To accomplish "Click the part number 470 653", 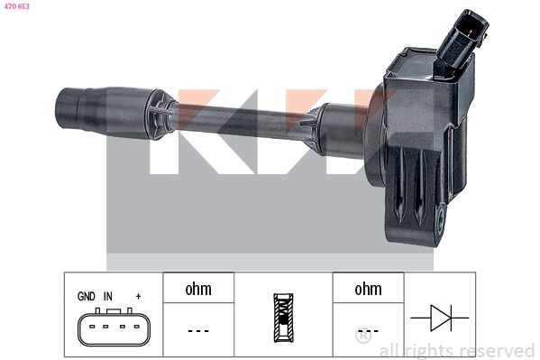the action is click(16, 6).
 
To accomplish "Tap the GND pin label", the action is click(87, 296).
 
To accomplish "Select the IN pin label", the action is click(108, 296).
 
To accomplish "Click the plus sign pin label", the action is click(139, 296).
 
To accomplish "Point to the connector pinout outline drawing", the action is click(114, 327).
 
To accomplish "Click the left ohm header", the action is click(198, 289).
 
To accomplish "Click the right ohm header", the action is click(368, 289).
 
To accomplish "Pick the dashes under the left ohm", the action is click(198, 331).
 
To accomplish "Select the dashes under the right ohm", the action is click(368, 331).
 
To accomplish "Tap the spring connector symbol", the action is click(283, 318).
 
